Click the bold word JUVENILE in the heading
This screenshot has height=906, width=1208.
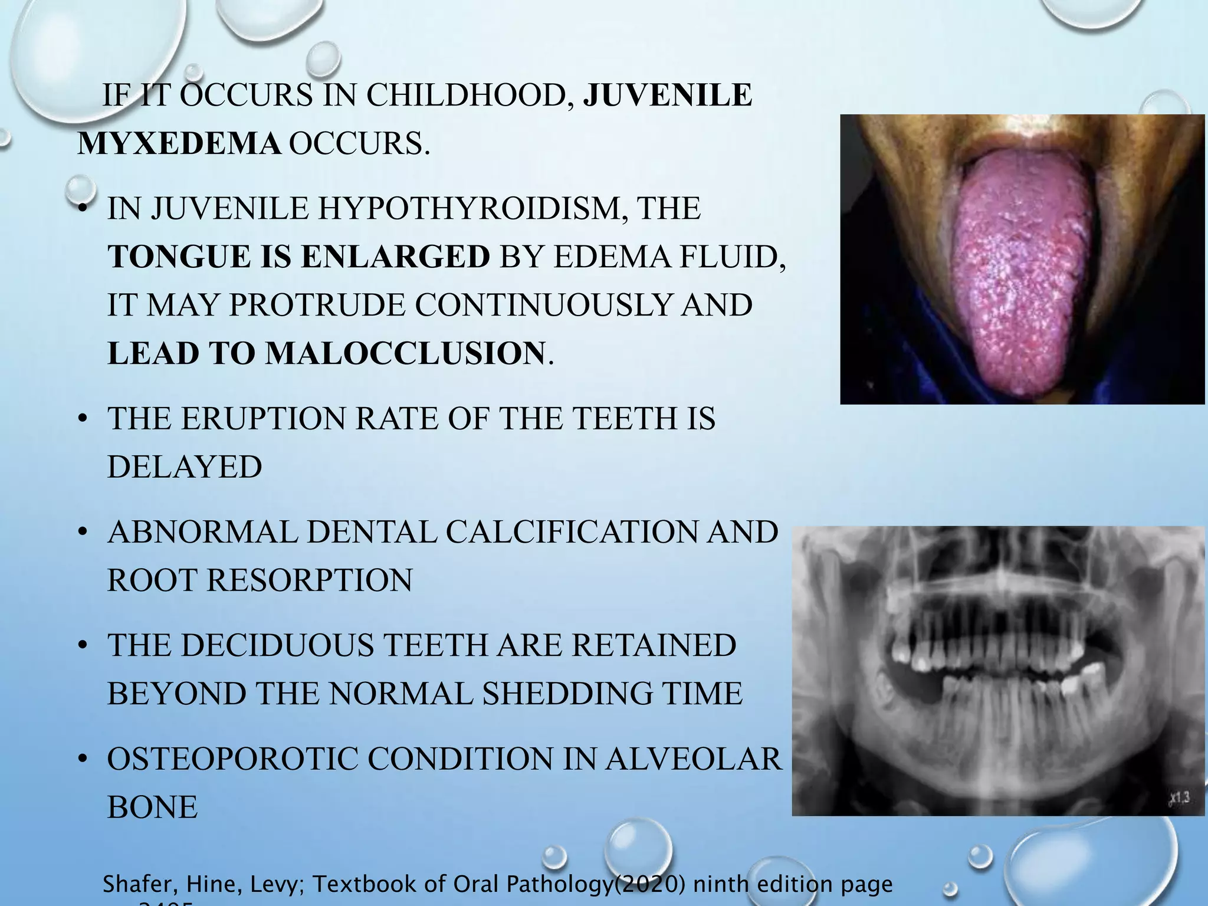pos(668,95)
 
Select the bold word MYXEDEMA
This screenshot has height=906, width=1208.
pos(179,143)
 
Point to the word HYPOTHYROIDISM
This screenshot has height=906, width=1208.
pos(470,208)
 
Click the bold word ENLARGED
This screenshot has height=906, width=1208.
pos(395,257)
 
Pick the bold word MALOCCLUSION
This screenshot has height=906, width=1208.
pos(405,353)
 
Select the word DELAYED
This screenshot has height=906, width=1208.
pos(185,467)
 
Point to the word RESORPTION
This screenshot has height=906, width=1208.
pos(310,580)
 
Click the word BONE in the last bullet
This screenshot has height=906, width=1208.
pos(152,807)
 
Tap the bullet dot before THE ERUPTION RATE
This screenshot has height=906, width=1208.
pos(84,419)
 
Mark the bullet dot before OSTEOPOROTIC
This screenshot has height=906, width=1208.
pos(84,760)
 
